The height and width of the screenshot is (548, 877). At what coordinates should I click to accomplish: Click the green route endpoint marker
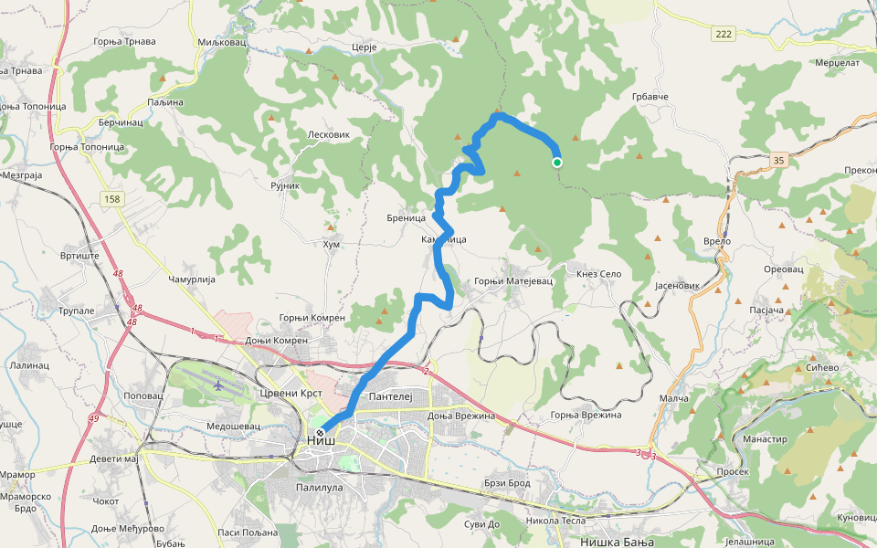556,163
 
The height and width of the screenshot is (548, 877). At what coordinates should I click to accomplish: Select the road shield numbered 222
724,33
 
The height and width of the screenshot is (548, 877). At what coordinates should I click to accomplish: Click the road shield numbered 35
777,160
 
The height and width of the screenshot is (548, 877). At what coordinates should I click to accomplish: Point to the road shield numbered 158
112,199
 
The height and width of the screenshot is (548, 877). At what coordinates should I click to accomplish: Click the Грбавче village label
650,96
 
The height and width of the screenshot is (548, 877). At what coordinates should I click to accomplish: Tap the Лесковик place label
330,133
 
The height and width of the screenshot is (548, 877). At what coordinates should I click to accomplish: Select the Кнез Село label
598,274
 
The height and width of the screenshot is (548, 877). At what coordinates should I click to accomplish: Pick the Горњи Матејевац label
514,281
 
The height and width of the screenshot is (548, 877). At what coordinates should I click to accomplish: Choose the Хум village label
332,244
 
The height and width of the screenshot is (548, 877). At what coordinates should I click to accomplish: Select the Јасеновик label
677,286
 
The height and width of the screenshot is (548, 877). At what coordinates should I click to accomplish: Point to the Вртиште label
79,257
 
